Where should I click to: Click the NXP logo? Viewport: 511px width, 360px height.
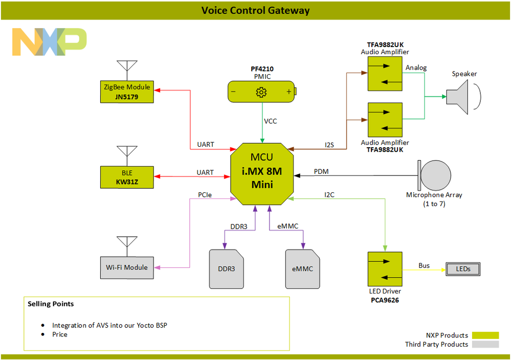click(50, 41)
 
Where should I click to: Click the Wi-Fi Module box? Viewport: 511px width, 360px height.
click(127, 267)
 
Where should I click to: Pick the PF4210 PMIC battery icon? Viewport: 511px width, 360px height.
click(261, 92)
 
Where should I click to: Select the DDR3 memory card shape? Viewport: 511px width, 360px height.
click(226, 269)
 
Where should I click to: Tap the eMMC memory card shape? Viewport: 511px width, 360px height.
click(303, 269)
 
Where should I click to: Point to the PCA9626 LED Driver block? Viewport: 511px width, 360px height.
click(385, 268)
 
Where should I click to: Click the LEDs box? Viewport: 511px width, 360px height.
click(463, 269)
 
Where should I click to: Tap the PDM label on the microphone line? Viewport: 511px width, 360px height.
click(321, 172)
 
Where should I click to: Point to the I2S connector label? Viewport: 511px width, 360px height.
click(329, 145)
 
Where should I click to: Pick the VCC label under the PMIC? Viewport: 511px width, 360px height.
click(271, 122)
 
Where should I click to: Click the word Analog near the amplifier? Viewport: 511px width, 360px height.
click(416, 68)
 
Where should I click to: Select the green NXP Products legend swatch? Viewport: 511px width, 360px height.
click(485, 335)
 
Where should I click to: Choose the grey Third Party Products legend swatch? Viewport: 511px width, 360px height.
click(485, 345)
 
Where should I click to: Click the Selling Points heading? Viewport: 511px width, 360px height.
click(51, 304)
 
